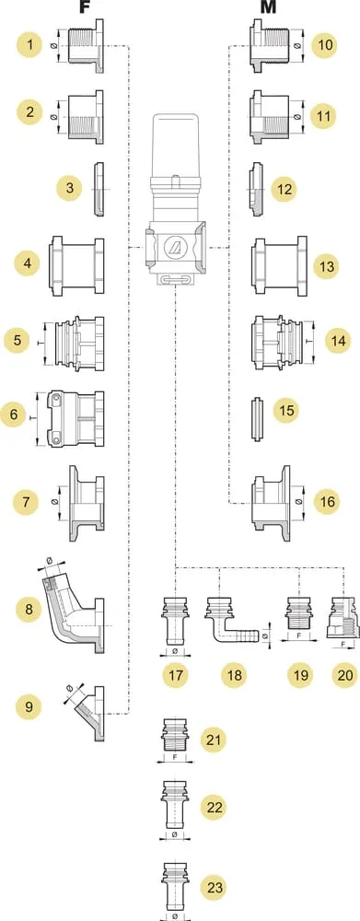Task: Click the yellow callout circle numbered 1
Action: coord(29,45)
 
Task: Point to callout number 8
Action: coord(29,609)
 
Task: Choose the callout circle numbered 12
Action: coord(285,190)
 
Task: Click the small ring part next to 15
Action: coord(257,419)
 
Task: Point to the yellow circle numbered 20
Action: coord(343,675)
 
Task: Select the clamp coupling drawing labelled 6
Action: coord(76,419)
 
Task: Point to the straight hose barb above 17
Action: coord(174,622)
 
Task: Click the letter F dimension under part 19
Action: coord(299,651)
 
